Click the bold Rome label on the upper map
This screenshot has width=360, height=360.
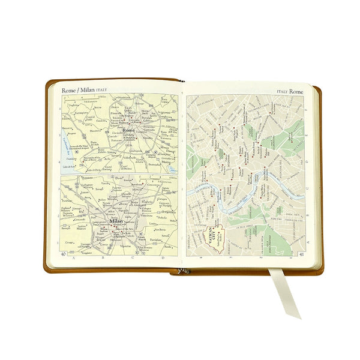tap(128, 130)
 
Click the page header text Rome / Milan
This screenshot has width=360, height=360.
tap(77, 90)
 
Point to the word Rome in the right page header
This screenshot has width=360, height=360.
tap(296, 92)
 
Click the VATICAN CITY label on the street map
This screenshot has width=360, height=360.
tap(211, 236)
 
